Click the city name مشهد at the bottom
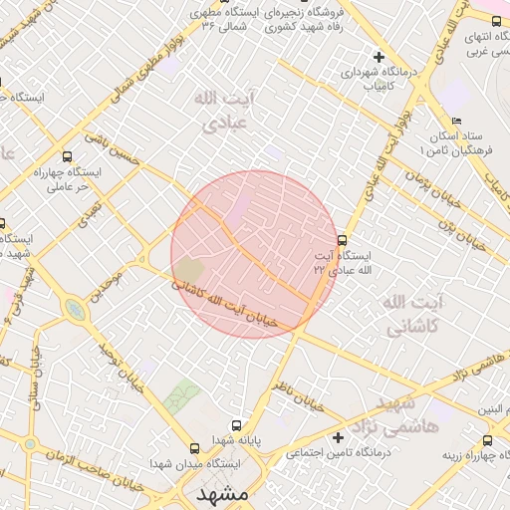221,494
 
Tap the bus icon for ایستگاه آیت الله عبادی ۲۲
343,240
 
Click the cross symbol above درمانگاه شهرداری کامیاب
378,57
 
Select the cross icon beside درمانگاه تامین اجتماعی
338,437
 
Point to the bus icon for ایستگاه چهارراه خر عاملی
67,156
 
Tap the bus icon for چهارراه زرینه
487,440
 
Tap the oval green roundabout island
75,312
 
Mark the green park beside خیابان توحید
182,397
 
